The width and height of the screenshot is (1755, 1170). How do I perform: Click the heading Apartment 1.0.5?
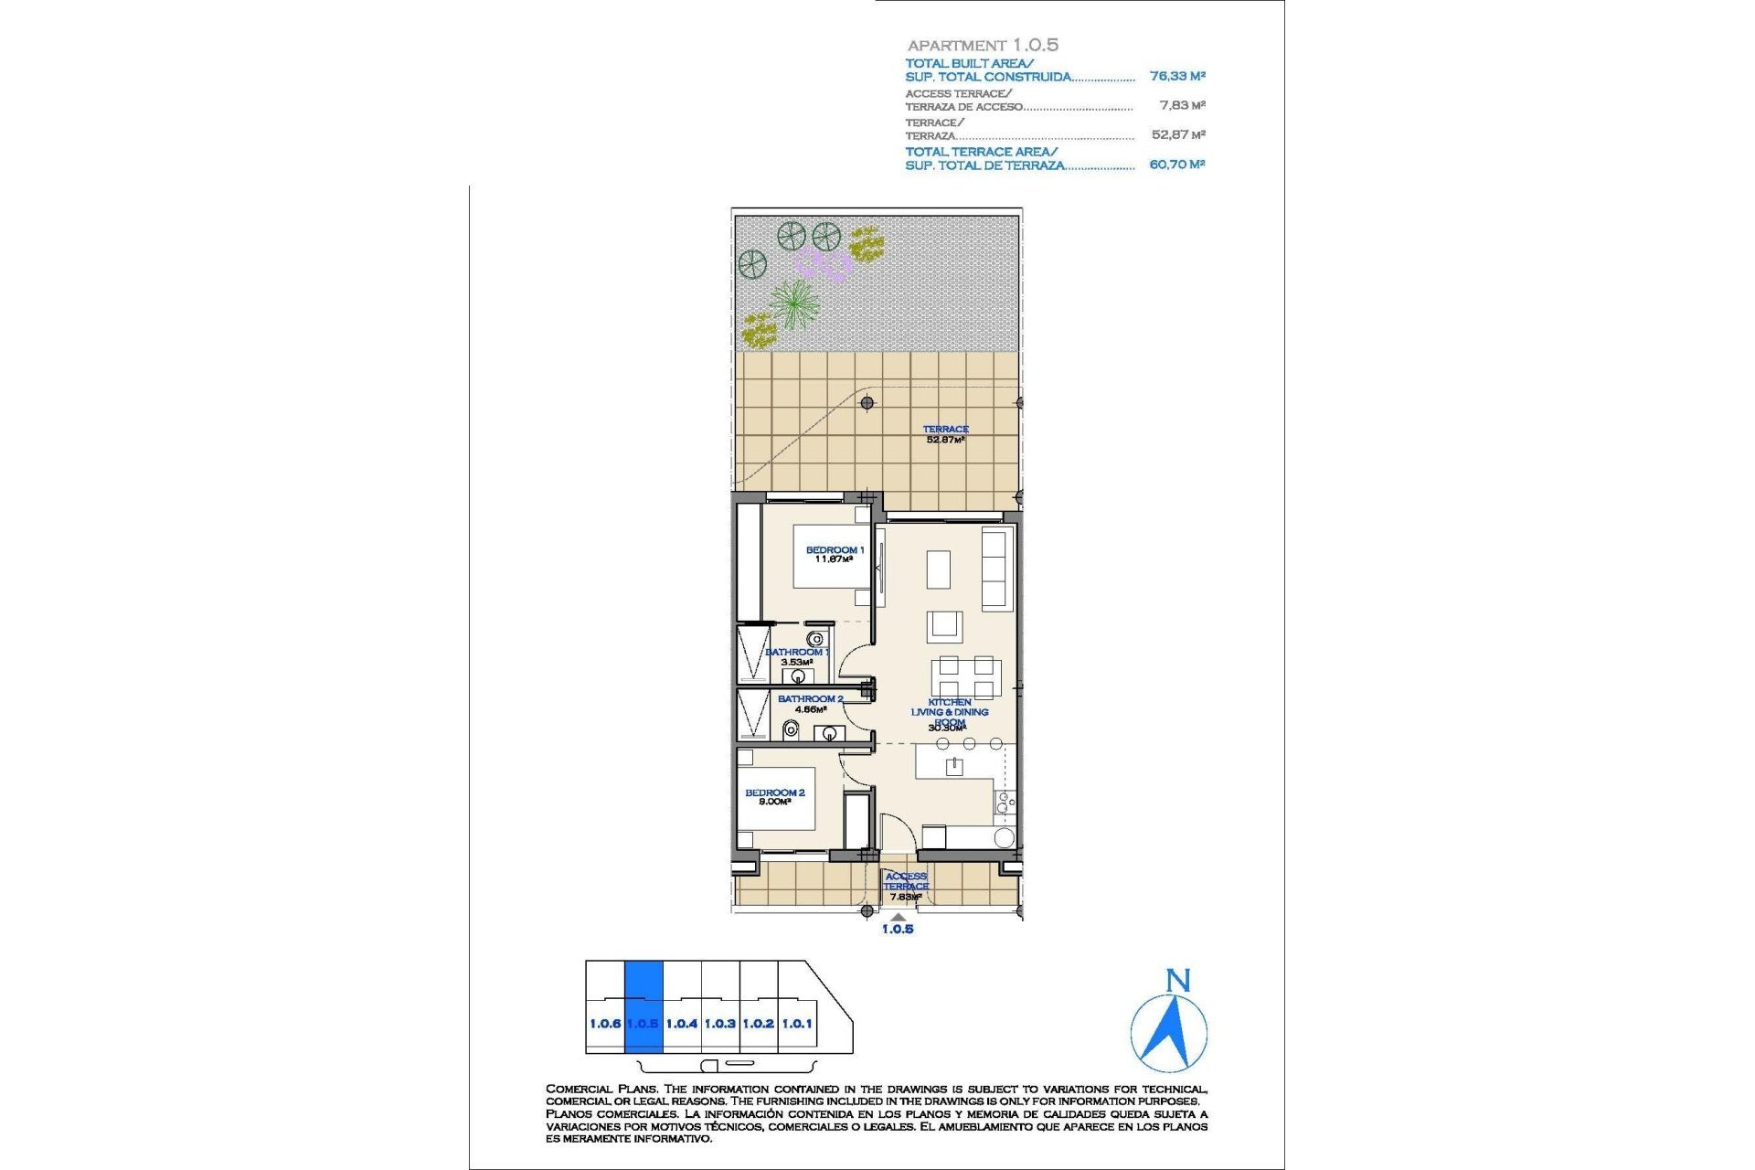point(983,45)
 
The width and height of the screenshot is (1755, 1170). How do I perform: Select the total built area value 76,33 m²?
point(1177,77)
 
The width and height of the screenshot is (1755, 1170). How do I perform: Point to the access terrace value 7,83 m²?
point(1182,106)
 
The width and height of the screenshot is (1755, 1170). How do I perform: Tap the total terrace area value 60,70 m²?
point(1177,165)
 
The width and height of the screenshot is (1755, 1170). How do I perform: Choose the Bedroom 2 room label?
point(774,797)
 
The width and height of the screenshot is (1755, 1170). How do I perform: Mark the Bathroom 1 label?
point(797,656)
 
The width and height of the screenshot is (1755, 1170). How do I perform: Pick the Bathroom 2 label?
point(810,703)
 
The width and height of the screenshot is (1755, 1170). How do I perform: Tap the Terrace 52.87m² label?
point(945,434)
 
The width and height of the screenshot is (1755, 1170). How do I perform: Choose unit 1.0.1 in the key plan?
point(796,1024)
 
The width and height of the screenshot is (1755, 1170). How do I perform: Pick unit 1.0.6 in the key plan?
point(604,1024)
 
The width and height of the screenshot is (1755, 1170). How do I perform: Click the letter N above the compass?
point(1178,981)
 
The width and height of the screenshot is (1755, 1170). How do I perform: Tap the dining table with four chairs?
point(966,677)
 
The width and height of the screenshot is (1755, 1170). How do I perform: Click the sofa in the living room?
point(994,569)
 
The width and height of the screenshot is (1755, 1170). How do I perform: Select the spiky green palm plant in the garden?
point(793,303)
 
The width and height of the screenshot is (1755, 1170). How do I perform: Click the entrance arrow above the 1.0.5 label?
point(899,917)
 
